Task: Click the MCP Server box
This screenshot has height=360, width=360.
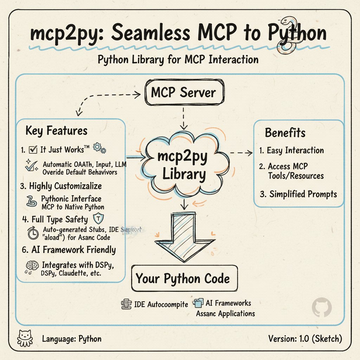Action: tap(183, 94)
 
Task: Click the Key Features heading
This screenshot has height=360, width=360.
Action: tap(56, 131)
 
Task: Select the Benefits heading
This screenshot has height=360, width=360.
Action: tap(285, 133)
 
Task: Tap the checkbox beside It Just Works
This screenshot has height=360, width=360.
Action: tap(33, 150)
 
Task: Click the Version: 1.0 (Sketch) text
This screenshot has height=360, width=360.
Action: tap(305, 339)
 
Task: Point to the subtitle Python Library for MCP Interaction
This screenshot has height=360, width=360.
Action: tap(178, 59)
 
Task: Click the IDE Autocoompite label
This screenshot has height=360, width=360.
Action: tap(161, 304)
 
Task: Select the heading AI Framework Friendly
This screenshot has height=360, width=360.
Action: tap(69, 250)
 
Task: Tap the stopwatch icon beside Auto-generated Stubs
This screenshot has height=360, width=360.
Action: tap(33, 234)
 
